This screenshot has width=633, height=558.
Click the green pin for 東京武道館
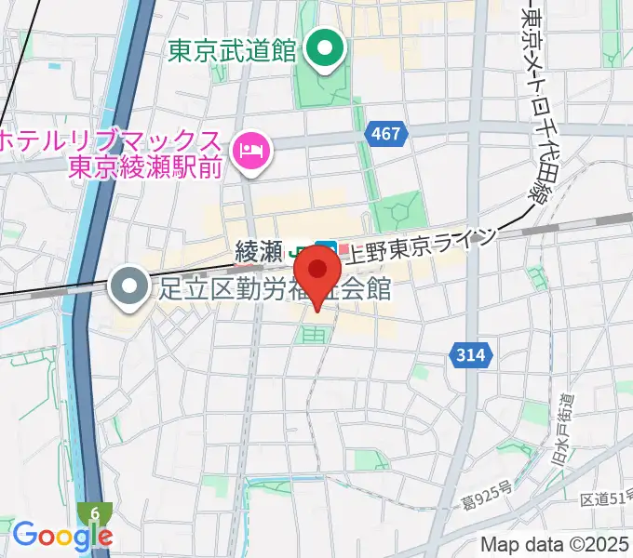325,48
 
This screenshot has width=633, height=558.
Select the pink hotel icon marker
252,148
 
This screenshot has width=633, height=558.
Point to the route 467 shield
385,134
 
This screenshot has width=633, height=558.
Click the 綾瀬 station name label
259,250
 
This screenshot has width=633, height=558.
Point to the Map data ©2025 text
553,544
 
